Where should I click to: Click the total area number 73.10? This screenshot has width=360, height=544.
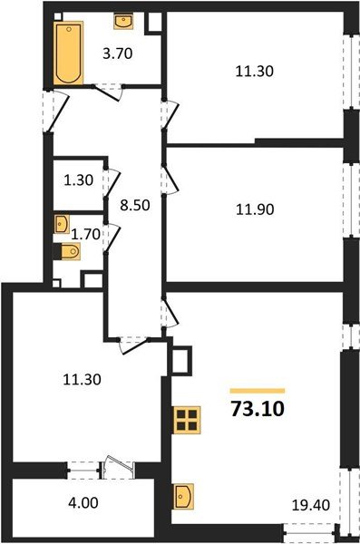click(258, 408)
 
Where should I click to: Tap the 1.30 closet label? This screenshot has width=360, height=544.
click(78, 180)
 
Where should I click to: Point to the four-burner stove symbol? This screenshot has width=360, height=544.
click(188, 421)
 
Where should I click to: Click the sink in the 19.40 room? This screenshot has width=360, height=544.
click(184, 497)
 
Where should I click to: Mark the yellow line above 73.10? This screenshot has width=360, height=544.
click(258, 391)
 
